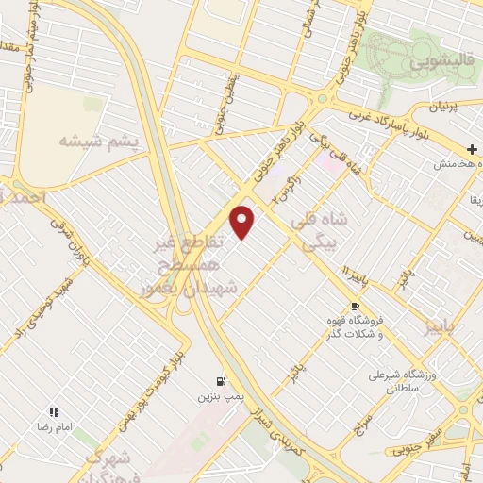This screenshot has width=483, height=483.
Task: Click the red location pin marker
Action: click(x=242, y=222)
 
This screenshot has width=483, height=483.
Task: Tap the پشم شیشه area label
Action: click(x=98, y=142)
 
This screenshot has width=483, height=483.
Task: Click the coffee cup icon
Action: click(x=355, y=306)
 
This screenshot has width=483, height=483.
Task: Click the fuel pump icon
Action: click(x=220, y=380)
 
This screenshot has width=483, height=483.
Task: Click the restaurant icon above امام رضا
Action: click(x=54, y=412)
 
